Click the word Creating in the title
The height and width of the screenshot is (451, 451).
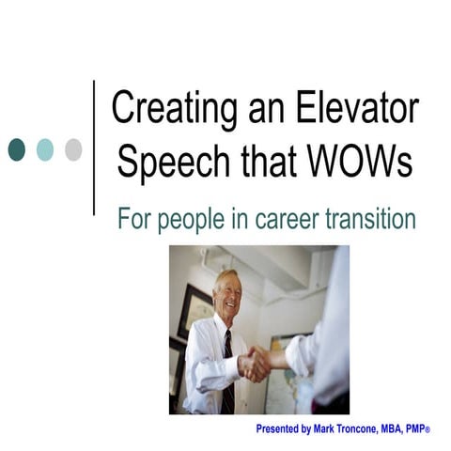(169, 106)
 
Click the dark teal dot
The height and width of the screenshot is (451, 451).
(17, 149)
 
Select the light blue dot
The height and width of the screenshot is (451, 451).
(44, 149)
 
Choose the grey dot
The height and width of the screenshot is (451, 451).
(72, 149)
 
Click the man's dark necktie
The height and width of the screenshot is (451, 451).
(227, 371)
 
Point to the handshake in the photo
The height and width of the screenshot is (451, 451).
(256, 364)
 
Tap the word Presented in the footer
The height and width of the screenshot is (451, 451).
(279, 429)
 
